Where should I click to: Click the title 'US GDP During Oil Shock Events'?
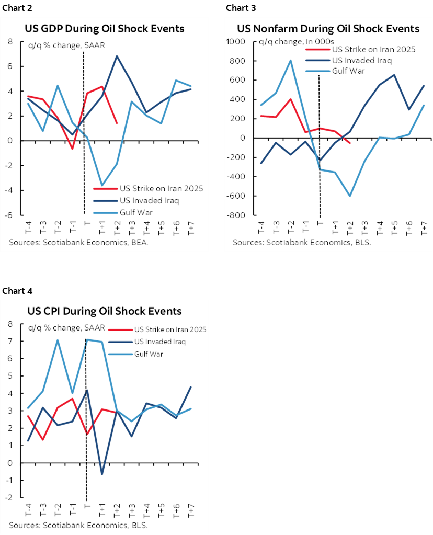point(104,28)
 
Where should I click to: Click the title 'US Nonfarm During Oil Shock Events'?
point(328,28)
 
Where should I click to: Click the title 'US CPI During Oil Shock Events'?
point(104,311)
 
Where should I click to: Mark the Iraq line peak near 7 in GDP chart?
point(117,56)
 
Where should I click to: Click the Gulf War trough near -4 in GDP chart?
point(102,185)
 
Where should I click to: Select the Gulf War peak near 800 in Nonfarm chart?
point(290,60)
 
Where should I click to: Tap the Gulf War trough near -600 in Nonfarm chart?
point(350,196)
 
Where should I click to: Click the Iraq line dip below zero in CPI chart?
point(102,474)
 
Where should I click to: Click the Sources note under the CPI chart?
point(77,525)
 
